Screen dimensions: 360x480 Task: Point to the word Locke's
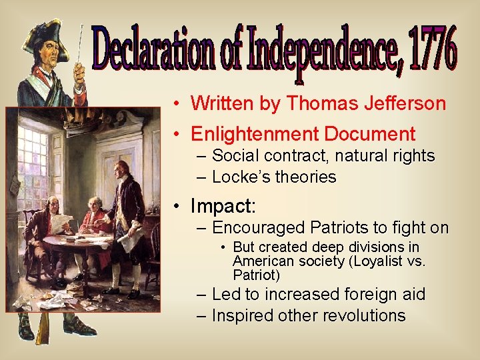[238, 177]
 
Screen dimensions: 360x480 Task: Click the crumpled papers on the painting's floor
[53, 300]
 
